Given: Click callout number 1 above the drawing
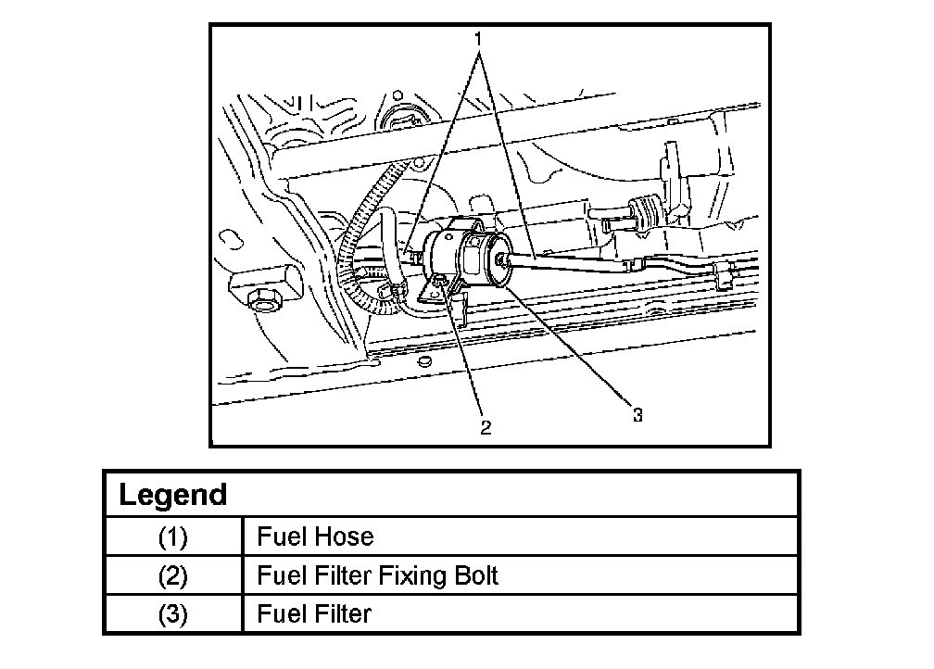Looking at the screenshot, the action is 478,39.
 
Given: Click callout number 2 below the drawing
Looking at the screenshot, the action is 486,427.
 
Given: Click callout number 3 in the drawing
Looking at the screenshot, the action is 637,415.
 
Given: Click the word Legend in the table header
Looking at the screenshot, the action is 173,495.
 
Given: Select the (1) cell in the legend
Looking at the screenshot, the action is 172,536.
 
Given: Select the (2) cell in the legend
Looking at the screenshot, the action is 172,575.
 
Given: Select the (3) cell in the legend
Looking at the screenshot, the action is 172,613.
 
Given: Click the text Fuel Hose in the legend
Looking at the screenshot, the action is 315,536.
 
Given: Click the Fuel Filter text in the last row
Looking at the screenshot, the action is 314,613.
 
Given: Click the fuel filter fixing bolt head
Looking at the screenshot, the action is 439,281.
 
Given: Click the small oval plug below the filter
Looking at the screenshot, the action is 424,361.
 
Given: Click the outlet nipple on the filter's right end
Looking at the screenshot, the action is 501,259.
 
